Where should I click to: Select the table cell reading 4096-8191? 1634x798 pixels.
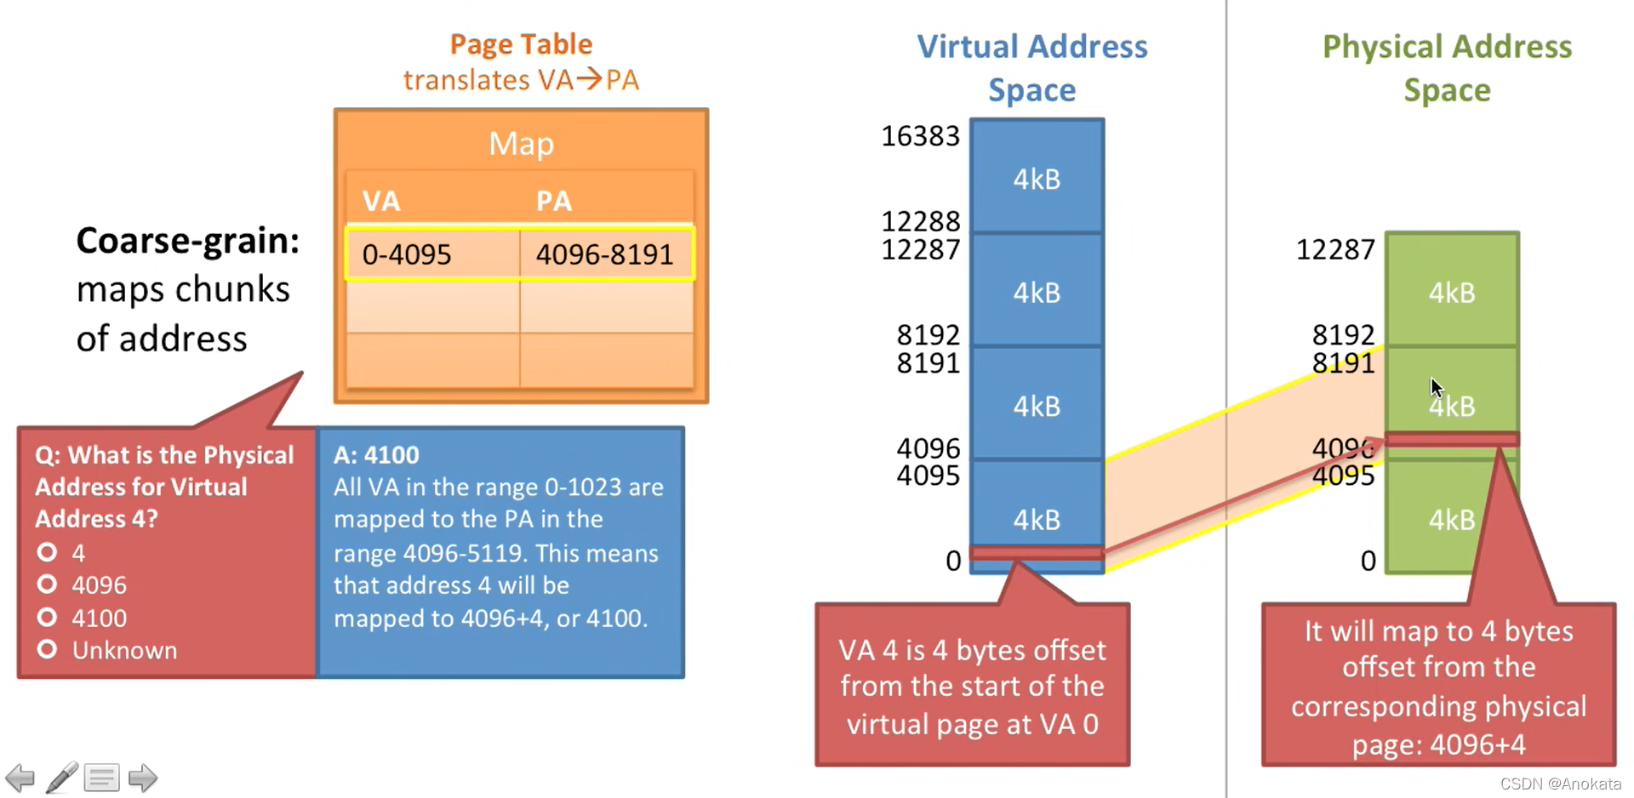[604, 254]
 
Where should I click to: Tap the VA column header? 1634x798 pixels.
[380, 202]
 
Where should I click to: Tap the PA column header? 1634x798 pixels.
[553, 202]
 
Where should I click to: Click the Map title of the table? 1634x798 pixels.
[521, 144]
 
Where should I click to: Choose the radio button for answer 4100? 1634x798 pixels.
[48, 617]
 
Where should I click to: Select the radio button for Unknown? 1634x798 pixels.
[48, 649]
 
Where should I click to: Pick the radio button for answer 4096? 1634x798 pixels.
[48, 584]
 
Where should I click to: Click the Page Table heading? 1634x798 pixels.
[521, 44]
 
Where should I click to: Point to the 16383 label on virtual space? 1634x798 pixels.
[920, 136]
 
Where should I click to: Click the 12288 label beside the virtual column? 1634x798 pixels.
[920, 221]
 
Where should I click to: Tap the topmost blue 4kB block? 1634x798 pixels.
[1037, 179]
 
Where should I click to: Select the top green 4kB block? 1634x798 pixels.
[1451, 292]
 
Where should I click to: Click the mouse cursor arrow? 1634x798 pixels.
[1436, 387]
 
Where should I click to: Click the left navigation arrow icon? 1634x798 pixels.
[20, 778]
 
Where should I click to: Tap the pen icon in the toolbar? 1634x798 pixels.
[61, 778]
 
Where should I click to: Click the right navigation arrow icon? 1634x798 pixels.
[142, 778]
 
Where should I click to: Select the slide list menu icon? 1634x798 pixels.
[101, 778]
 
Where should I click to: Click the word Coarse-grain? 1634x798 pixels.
[187, 241]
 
